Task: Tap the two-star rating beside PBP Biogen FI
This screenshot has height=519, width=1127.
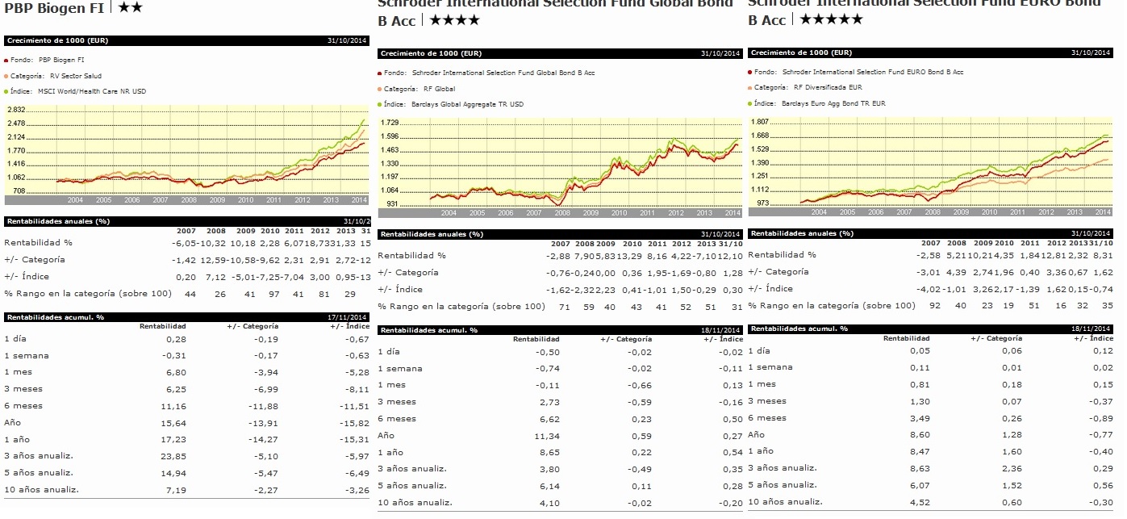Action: tap(131, 7)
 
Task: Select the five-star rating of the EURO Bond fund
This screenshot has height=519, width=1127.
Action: tap(830, 19)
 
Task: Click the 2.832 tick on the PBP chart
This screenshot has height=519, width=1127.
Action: tap(16, 110)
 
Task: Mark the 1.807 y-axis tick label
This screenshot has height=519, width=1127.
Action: tap(760, 122)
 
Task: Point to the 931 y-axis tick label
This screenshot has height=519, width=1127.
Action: tap(391, 204)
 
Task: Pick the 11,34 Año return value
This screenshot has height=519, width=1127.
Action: tap(548, 436)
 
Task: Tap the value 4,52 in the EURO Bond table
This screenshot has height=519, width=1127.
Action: tap(920, 501)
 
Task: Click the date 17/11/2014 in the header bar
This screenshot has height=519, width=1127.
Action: tap(349, 316)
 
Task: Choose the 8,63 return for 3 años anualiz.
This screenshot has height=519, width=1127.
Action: tap(920, 467)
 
